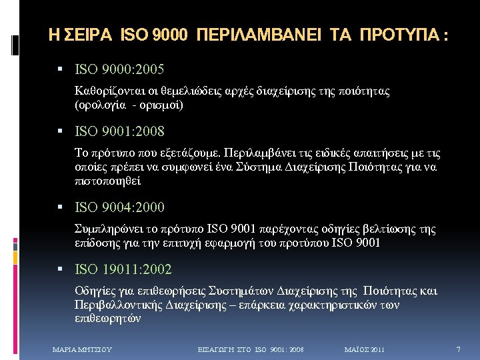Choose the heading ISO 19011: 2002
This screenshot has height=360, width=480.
tap(124, 270)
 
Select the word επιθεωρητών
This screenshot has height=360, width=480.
tap(108, 319)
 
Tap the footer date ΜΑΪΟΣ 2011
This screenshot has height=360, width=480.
tap(364, 349)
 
